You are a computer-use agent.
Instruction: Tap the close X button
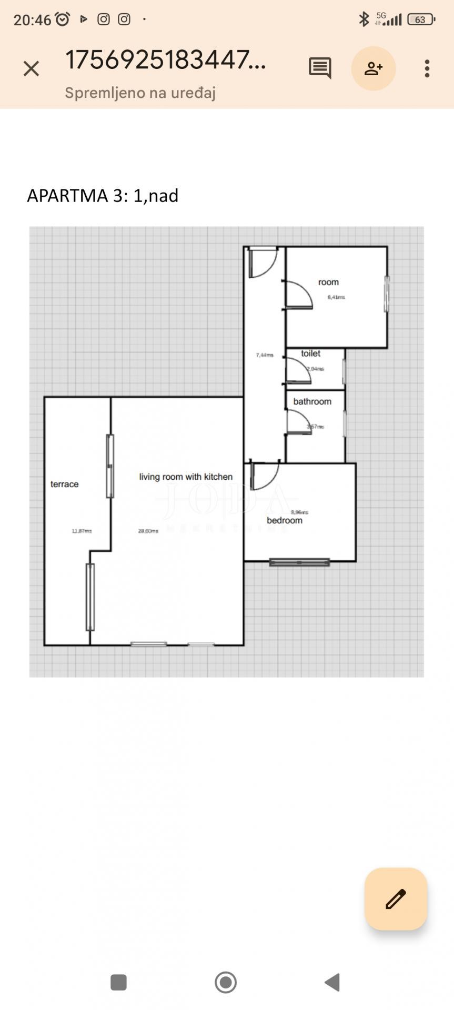coord(31,68)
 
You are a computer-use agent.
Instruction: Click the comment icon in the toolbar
coord(320,68)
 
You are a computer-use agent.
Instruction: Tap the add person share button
coord(374,68)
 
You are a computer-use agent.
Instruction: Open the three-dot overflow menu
coord(427,68)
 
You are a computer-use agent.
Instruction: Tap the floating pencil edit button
coord(396,898)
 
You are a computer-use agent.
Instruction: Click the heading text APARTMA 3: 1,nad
coord(103,196)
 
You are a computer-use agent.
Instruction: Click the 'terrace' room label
coord(64,484)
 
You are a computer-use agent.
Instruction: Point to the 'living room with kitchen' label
coord(186,477)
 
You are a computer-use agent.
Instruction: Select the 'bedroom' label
coord(285,520)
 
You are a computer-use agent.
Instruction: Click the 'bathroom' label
coord(312,401)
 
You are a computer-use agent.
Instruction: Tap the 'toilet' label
coord(310,353)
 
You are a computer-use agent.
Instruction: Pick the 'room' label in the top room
coord(328,282)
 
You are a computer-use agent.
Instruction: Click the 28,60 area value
coord(148,531)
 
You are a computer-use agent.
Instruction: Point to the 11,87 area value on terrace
coord(82,531)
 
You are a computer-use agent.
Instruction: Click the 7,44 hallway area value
coord(265,355)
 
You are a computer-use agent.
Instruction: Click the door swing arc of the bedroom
coord(266,476)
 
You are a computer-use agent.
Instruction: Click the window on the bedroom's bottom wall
coord(299,562)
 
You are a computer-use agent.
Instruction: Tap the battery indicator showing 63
coord(421,20)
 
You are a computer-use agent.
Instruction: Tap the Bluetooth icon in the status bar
coord(364,19)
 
